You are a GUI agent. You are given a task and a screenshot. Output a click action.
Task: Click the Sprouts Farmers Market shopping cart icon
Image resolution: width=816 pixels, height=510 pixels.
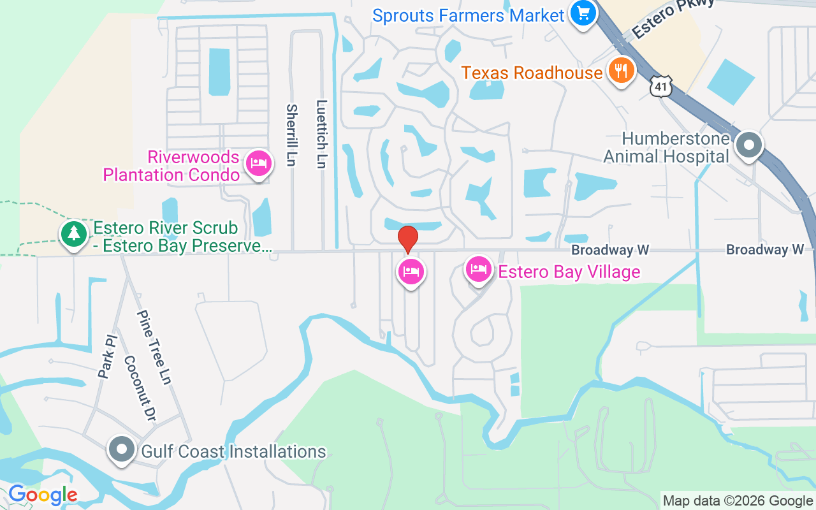[x=583, y=13]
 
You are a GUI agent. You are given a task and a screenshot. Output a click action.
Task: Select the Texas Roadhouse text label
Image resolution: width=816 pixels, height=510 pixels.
[x=532, y=73]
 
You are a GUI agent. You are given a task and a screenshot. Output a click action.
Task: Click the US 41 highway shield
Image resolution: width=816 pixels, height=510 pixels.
[x=662, y=87]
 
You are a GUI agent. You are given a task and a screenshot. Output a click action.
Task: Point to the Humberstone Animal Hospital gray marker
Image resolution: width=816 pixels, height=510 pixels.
[x=749, y=146]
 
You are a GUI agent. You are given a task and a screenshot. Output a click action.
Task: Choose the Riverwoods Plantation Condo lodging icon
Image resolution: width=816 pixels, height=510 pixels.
[x=259, y=164]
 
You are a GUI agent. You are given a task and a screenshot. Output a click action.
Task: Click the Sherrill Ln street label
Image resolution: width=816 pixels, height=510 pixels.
[x=291, y=135]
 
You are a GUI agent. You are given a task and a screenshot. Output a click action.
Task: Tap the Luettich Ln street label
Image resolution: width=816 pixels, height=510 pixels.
[x=321, y=134]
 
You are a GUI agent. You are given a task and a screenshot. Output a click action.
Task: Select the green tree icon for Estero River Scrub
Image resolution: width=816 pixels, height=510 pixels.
[x=75, y=233]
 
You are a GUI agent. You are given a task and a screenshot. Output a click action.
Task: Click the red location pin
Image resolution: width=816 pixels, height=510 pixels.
[x=408, y=239]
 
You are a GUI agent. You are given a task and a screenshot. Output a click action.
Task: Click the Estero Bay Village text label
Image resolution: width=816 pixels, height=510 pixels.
[x=569, y=272]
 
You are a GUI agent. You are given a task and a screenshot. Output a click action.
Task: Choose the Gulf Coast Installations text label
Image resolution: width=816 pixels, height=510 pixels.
[x=233, y=452]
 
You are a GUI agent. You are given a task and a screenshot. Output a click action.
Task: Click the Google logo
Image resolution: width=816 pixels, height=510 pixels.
[x=43, y=495]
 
